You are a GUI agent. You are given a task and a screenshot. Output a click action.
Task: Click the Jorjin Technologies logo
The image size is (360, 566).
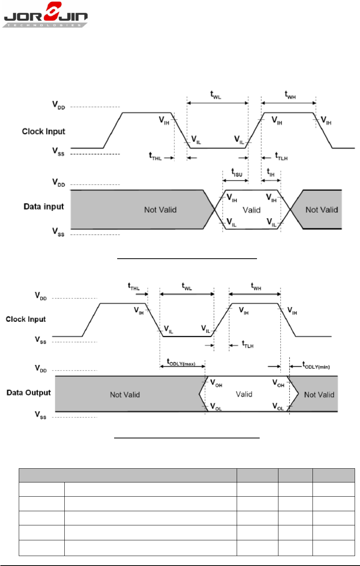click(x=45, y=15)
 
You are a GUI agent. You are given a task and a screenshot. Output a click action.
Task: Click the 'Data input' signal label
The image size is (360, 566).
click(x=44, y=207)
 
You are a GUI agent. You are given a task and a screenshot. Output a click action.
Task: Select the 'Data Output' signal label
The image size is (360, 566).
click(x=29, y=392)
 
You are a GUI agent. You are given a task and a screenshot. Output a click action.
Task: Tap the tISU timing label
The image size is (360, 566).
click(x=237, y=172)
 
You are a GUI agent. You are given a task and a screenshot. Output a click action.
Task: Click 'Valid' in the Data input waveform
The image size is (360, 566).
click(x=252, y=210)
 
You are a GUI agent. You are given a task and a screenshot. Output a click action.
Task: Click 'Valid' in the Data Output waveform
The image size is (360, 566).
click(x=244, y=394)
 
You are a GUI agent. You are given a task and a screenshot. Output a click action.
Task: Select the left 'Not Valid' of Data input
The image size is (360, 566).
click(x=160, y=210)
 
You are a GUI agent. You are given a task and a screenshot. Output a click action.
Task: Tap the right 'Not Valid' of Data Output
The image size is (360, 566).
click(x=319, y=395)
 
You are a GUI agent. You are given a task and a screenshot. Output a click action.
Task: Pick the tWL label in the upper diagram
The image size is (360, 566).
click(x=216, y=95)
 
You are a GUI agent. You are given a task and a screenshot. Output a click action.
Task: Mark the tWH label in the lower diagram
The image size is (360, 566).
click(x=256, y=286)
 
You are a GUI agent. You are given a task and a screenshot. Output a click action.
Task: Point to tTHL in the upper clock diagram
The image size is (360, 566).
click(x=155, y=156)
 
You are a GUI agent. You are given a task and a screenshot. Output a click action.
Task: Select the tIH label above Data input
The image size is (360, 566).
click(x=270, y=172)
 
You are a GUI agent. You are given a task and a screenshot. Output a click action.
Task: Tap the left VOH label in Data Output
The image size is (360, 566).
click(x=216, y=383)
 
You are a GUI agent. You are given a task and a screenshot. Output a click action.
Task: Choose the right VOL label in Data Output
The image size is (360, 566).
click(x=278, y=407)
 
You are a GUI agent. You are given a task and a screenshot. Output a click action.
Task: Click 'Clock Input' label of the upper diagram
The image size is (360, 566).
click(x=44, y=131)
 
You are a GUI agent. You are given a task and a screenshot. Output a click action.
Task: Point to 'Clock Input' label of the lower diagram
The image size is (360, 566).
click(x=26, y=319)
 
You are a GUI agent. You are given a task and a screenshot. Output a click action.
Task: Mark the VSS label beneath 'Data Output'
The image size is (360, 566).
click(x=41, y=415)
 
